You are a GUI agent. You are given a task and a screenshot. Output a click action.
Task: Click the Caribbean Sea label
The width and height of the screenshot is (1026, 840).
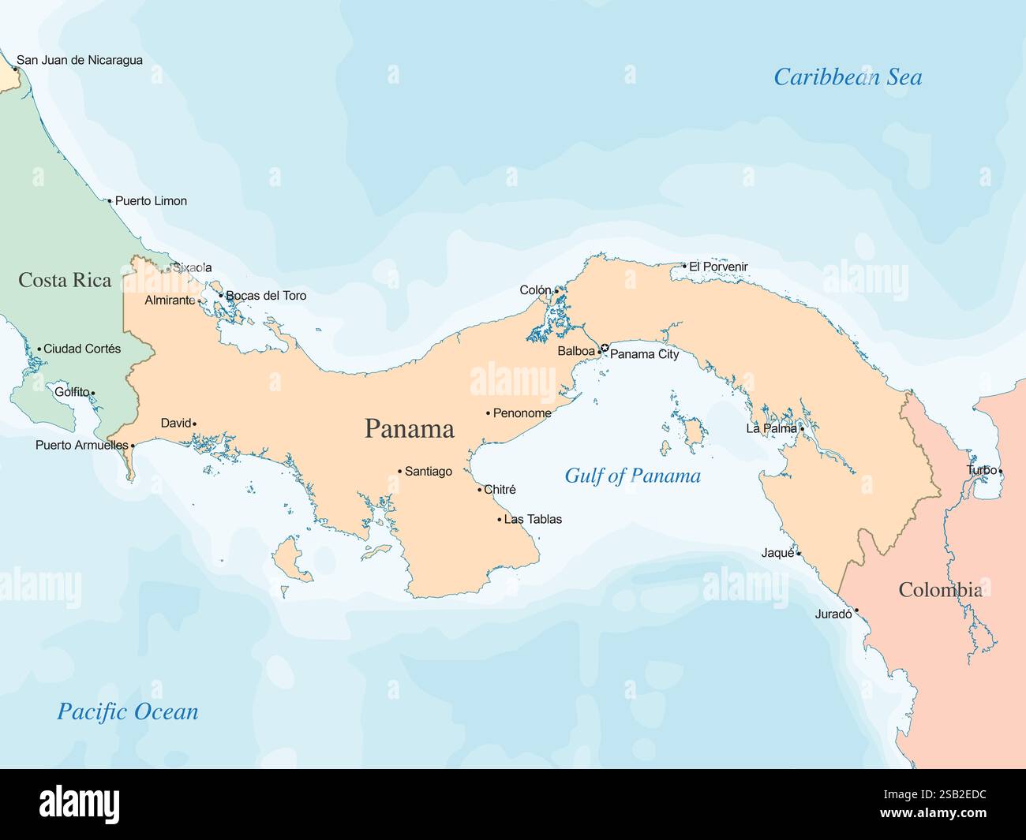tap(847, 77)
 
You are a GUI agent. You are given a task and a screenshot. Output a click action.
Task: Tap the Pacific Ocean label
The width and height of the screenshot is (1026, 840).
tap(127, 711)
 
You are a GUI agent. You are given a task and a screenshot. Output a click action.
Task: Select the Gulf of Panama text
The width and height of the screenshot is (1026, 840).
tap(632, 476)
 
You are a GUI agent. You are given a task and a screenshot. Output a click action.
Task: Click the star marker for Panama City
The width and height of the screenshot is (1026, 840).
tap(605, 349)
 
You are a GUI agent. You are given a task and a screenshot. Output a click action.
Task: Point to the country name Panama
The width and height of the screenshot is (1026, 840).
tap(409, 429)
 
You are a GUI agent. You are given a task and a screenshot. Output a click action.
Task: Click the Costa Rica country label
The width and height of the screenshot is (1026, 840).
tap(65, 280)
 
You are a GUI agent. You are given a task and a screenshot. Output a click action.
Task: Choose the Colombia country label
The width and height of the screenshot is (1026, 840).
tap(940, 590)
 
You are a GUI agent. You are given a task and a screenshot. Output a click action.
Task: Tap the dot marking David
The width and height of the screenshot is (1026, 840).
tap(195, 424)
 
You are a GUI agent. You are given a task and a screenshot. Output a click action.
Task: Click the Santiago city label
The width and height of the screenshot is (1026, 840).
tap(429, 472)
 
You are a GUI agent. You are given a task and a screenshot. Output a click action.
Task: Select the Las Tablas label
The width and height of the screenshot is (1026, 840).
tap(533, 520)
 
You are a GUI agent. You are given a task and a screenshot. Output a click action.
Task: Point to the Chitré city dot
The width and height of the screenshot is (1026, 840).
tap(479, 490)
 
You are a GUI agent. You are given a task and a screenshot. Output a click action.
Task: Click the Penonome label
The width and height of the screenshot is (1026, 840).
tap(522, 413)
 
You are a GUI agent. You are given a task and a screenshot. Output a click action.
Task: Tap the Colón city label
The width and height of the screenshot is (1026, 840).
tap(535, 290)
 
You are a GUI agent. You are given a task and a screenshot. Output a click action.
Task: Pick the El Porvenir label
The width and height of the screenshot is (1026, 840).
tap(718, 267)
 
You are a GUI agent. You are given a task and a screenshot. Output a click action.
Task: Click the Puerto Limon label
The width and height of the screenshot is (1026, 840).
tap(151, 201)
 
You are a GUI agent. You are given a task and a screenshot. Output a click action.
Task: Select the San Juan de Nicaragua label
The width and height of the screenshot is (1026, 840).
tap(80, 60)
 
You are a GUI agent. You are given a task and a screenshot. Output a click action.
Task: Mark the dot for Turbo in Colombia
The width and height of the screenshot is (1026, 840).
tap(1001, 472)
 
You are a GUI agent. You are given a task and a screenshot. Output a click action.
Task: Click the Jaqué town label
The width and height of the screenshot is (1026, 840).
tap(777, 553)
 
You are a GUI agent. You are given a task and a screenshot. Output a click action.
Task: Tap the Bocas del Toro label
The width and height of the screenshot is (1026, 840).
tap(266, 296)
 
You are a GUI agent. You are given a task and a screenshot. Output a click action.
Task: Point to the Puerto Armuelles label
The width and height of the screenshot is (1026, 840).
tap(81, 446)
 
